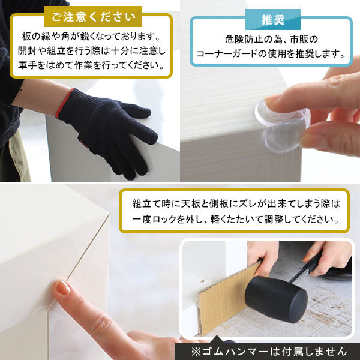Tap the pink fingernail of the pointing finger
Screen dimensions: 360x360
(62, 287)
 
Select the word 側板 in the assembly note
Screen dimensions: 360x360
(226, 203)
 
